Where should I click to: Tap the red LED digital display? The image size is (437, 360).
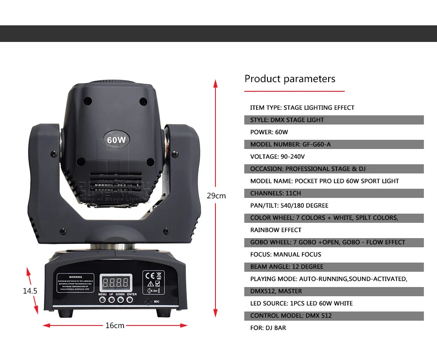[x=116, y=282]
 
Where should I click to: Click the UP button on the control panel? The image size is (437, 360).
[x=111, y=299]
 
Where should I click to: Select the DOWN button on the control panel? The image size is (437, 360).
[x=121, y=299]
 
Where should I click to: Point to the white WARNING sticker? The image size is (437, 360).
[x=76, y=282]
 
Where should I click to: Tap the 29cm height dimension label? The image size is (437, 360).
[x=216, y=196]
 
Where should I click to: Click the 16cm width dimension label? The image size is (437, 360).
[x=115, y=325]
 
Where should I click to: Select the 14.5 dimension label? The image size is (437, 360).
[x=30, y=291]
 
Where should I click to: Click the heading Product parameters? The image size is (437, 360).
[x=290, y=79]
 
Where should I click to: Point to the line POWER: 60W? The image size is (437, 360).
[x=269, y=132]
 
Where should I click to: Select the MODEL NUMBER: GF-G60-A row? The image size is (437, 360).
[x=291, y=144]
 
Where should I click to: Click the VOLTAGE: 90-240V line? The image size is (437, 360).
[x=277, y=156]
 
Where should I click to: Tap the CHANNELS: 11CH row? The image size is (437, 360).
[x=275, y=193]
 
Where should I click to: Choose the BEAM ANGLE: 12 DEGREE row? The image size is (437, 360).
[x=287, y=267]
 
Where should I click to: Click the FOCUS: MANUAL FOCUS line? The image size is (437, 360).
[x=286, y=254]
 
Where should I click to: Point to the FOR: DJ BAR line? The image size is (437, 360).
[x=268, y=328]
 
